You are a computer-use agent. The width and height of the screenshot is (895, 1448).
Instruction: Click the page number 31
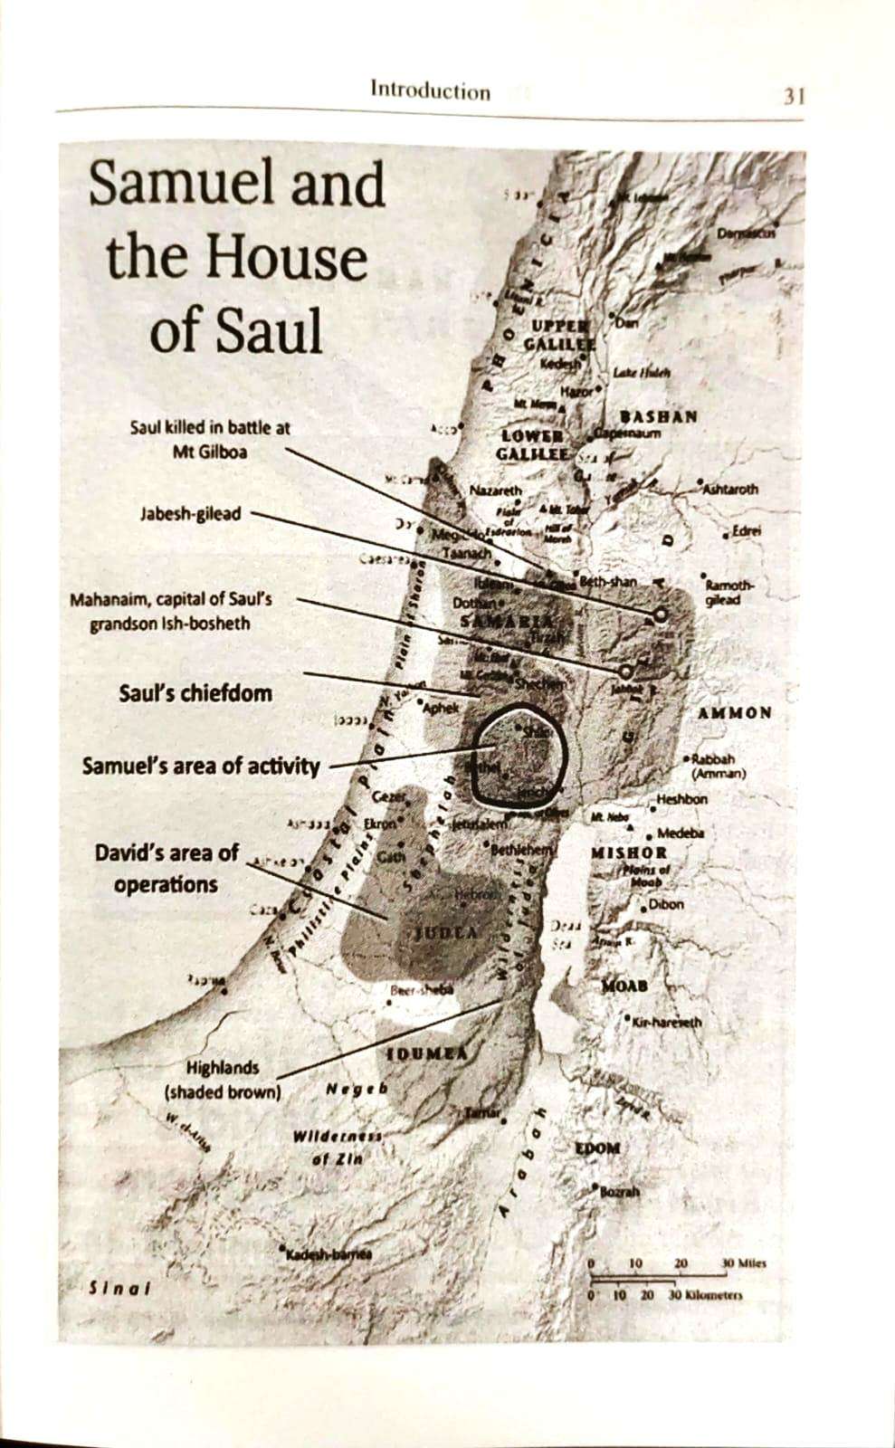pos(793,96)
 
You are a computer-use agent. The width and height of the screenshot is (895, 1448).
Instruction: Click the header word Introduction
pos(430,90)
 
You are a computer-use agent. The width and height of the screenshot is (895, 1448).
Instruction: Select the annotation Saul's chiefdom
pos(195,693)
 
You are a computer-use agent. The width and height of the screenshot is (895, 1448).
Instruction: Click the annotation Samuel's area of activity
pos(201,767)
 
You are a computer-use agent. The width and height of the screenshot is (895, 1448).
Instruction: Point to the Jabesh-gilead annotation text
pos(191,513)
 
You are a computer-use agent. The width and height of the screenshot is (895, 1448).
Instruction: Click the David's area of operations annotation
pos(167,868)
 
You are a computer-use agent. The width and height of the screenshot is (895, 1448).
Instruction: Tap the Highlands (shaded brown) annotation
pos(223,1080)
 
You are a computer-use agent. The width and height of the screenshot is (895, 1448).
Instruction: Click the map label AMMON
pos(735,713)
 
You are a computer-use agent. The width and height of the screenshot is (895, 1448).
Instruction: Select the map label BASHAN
pos(659,416)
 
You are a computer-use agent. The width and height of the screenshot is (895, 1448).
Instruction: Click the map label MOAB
pos(624,985)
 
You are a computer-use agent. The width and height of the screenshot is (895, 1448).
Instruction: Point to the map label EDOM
pos(597,1148)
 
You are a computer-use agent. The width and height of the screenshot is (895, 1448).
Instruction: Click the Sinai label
pos(119,1288)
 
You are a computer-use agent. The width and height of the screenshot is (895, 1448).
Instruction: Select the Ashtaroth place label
pos(730,489)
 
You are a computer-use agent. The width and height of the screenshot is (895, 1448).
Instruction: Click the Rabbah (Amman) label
pos(718,767)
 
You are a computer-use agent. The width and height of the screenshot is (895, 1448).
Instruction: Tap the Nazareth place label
pos(496,491)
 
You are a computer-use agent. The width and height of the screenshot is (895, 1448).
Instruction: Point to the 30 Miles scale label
pos(743,1262)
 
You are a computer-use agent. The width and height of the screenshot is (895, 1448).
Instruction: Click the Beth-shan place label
pos(608,582)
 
